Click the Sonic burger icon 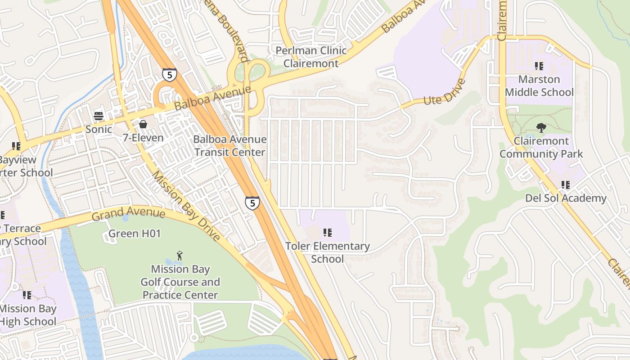(x=99, y=116)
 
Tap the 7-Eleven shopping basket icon (x=143, y=124)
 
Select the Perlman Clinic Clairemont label (x=311, y=57)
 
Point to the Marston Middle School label (x=539, y=86)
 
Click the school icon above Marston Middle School (x=539, y=66)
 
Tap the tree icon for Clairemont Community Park (x=541, y=128)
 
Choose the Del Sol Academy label (x=566, y=198)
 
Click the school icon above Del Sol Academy (x=566, y=184)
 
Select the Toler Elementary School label (x=327, y=252)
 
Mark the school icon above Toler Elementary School (x=328, y=233)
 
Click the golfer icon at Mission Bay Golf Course (x=180, y=256)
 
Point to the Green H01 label (x=128, y=234)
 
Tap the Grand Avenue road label (x=128, y=214)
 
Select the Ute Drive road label (x=444, y=93)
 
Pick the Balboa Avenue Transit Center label (x=229, y=146)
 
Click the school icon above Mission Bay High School (x=27, y=295)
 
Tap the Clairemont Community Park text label (x=541, y=147)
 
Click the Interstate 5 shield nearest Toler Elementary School (x=252, y=203)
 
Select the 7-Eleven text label (x=143, y=138)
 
